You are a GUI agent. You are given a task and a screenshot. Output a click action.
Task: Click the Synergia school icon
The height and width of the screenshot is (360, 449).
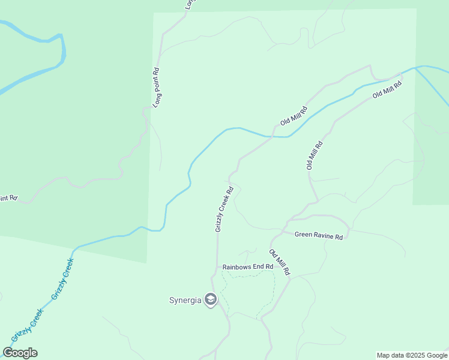210,299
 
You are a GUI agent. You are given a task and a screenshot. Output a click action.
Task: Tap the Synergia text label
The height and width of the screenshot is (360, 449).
185,300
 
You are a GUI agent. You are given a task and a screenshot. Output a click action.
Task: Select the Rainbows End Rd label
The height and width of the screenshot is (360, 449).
248,266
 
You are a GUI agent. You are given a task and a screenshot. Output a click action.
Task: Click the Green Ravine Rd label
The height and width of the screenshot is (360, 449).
319,236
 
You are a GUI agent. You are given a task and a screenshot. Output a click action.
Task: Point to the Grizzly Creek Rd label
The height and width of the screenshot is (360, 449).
224,209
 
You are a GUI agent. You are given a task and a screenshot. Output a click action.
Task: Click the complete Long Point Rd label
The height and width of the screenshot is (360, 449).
157,87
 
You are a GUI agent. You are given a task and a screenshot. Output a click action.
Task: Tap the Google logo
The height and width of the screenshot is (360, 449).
20,353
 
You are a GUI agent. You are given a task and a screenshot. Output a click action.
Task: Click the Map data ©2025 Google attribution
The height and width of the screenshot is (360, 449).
412,355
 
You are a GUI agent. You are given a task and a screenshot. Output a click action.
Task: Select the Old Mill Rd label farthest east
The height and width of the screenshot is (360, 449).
387,88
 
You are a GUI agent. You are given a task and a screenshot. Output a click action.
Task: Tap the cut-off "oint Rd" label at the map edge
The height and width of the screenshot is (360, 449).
9,197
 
